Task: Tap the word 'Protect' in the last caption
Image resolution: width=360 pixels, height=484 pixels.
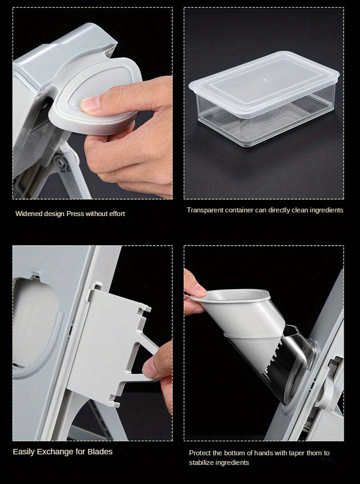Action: pyautogui.click(x=200, y=453)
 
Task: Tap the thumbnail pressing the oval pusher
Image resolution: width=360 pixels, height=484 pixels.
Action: pyautogui.click(x=93, y=104)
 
